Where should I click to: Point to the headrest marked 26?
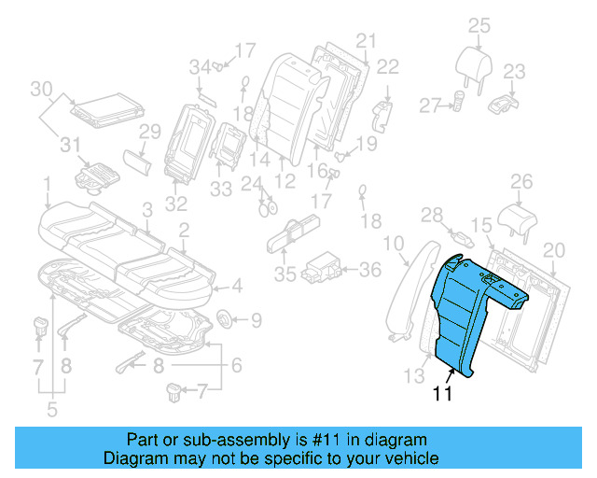pyautogui.click(x=520, y=217)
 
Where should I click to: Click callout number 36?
pyautogui.click(x=370, y=270)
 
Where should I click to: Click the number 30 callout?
pyautogui.click(x=40, y=89)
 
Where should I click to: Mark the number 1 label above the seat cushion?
pyautogui.click(x=47, y=183)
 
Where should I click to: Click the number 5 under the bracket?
pyautogui.click(x=52, y=408)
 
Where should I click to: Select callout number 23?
pyautogui.click(x=515, y=71)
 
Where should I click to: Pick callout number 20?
pyautogui.click(x=554, y=249)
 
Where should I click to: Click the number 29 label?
pyautogui.click(x=150, y=133)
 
